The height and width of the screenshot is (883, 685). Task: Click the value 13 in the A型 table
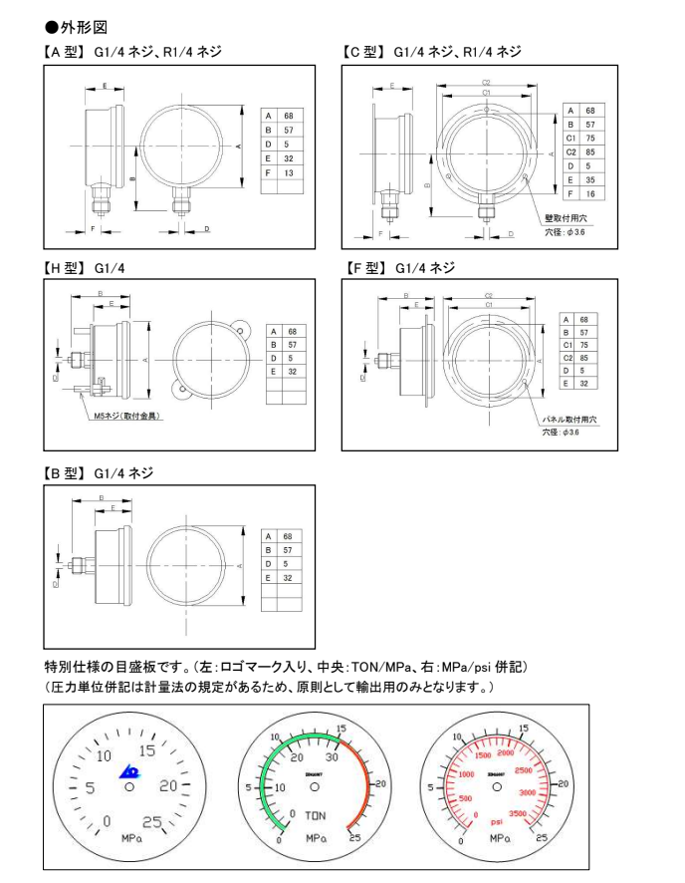pos(288,173)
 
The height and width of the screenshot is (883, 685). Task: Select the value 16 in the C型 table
pos(590,194)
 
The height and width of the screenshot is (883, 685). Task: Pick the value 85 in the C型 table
pos(590,152)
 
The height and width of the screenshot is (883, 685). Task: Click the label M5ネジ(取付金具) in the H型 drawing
pos(127,417)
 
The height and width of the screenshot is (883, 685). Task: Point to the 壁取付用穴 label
pos(565,217)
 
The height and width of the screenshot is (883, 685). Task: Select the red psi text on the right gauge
pos(495,822)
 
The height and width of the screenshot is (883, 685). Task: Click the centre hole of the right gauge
pos(496,786)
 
